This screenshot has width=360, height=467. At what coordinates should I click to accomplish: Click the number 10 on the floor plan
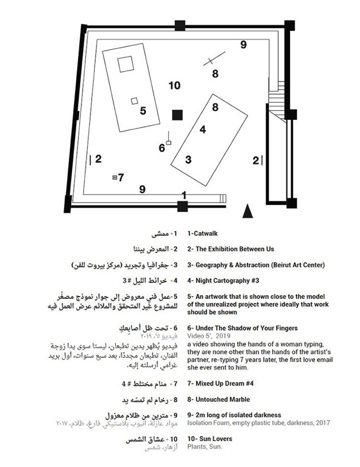[174, 86]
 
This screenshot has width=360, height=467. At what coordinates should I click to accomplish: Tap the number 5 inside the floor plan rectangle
[143, 111]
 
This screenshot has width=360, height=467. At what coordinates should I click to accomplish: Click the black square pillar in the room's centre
[177, 115]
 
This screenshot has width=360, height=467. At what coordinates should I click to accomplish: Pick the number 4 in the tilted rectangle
[202, 130]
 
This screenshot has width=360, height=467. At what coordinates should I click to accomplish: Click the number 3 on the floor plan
[188, 159]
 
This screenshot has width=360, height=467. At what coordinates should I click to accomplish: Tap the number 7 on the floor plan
[122, 178]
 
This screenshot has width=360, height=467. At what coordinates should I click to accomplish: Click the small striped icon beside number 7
[115, 178]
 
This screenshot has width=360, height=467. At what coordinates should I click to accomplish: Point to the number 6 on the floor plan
[162, 148]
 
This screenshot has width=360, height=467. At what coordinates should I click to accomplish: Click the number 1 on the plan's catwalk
[184, 195]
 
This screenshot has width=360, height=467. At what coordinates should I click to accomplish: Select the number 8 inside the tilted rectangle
[215, 107]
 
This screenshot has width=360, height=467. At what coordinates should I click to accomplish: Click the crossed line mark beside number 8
[212, 58]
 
